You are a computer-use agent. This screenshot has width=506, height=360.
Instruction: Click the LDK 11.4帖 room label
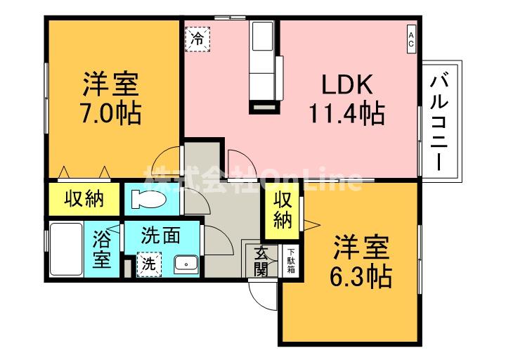click(x=347, y=99)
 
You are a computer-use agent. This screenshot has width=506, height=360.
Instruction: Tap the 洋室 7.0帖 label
click(x=111, y=98)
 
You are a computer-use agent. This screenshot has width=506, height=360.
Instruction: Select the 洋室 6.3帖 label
click(x=361, y=262)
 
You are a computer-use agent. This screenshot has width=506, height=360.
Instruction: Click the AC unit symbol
click(x=411, y=39)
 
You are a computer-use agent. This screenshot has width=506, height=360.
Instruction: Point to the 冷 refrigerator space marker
click(x=197, y=39)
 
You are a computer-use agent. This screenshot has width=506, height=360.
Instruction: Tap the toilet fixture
click(x=148, y=199)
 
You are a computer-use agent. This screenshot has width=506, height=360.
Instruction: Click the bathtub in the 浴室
click(x=66, y=249)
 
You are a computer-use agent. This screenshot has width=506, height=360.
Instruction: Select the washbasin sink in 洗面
click(x=186, y=265)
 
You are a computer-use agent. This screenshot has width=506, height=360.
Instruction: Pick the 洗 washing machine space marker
click(x=149, y=264)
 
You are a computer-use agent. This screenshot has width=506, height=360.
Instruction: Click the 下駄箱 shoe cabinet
click(x=291, y=261)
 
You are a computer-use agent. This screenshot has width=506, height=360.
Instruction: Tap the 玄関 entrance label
click(x=261, y=262)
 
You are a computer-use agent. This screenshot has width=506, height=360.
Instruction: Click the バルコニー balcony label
click(x=439, y=122)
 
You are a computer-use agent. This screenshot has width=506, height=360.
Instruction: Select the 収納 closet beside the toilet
click(x=84, y=198)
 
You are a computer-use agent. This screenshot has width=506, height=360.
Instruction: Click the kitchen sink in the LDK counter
click(x=262, y=36)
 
